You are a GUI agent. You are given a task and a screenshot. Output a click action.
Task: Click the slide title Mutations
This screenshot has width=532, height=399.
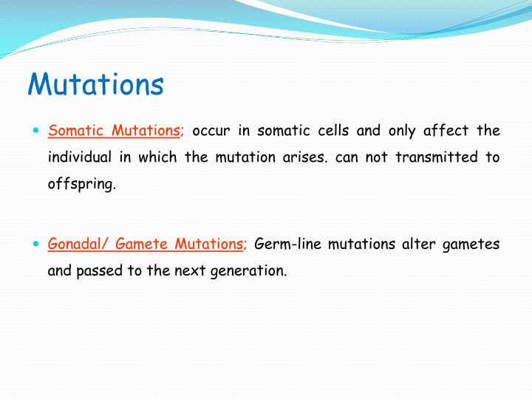click(95, 84)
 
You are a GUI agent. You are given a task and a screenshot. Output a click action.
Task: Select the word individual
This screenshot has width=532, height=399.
click(80, 157)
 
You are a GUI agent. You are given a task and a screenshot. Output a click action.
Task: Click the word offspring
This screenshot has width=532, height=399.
click(81, 185)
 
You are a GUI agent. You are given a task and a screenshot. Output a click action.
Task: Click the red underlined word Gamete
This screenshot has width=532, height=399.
click(143, 243)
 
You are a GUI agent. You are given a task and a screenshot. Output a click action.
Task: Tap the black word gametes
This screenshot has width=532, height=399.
click(472, 244)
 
